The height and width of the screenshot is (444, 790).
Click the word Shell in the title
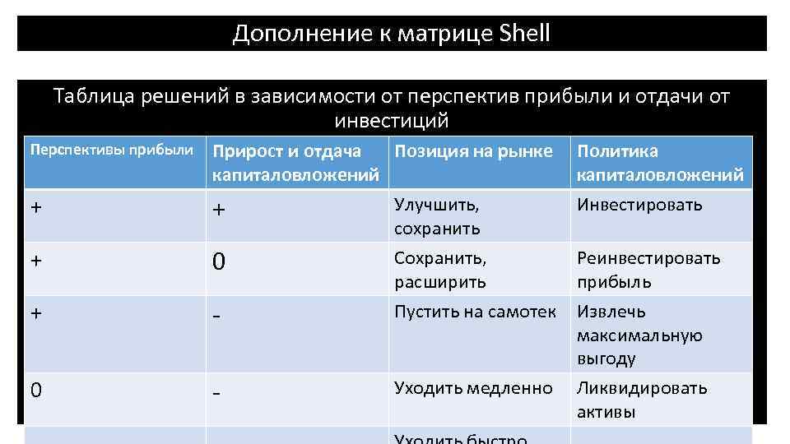(x=524, y=34)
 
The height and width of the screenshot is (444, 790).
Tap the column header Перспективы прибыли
(x=111, y=150)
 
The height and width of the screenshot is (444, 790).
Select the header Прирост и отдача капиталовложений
(x=295, y=163)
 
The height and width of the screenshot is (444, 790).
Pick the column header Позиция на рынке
(x=473, y=151)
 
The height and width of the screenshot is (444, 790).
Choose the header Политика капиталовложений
(x=660, y=163)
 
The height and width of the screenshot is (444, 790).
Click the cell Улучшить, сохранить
(x=437, y=215)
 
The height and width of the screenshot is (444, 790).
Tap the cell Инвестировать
(x=639, y=204)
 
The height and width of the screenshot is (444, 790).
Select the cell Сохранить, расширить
(x=440, y=270)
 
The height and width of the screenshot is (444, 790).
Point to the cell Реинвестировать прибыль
(x=648, y=270)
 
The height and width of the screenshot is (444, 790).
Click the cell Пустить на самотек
(x=475, y=312)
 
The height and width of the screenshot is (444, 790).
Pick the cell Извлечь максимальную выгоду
(x=639, y=335)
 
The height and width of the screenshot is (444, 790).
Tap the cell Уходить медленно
(x=473, y=387)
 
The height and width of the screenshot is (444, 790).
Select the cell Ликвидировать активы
(x=642, y=400)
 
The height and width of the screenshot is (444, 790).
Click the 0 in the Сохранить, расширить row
(x=219, y=262)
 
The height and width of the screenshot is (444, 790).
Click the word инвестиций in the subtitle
(x=392, y=122)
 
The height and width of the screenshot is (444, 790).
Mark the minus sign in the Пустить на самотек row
(x=217, y=317)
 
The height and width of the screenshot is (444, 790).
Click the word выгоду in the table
(x=606, y=358)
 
